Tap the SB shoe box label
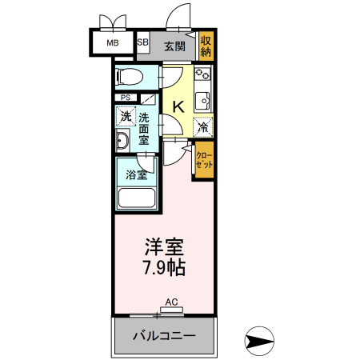(143, 44)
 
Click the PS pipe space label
(126, 98)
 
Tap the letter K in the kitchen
(179, 105)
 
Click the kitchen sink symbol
(203, 102)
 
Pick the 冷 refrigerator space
(203, 126)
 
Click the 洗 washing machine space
(125, 117)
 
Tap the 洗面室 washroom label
(144, 127)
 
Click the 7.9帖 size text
(165, 267)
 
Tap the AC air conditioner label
(170, 302)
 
